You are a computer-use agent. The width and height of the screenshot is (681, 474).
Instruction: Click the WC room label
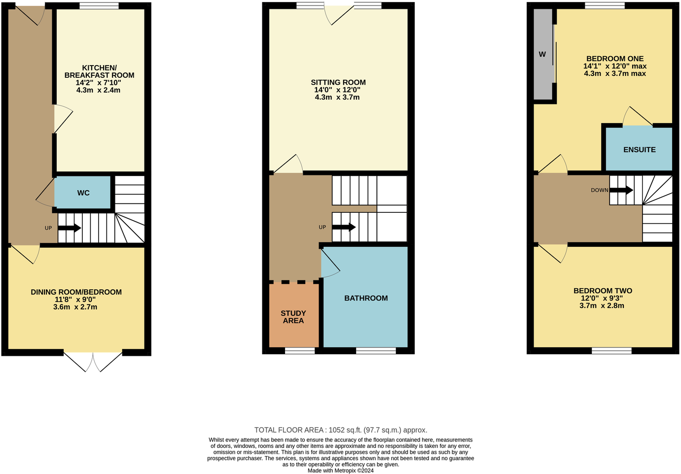pyautogui.click(x=83, y=193)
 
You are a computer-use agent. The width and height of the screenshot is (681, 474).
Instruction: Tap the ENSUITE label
pyautogui.click(x=639, y=150)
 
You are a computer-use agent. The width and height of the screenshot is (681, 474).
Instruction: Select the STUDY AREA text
pyautogui.click(x=293, y=317)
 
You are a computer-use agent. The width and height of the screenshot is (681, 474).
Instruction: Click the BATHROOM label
pyautogui.click(x=366, y=298)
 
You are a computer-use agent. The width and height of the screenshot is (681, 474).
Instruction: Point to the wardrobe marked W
pyautogui.click(x=542, y=54)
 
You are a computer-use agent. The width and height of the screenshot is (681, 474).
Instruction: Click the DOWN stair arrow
pyautogui.click(x=622, y=190)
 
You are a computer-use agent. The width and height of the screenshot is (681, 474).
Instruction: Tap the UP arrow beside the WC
pyautogui.click(x=70, y=228)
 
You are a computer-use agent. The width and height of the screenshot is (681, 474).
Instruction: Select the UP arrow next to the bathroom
pyautogui.click(x=344, y=227)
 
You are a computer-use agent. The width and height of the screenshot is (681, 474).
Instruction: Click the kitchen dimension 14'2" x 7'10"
pyautogui.click(x=98, y=83)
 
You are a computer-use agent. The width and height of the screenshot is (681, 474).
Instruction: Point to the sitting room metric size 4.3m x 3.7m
pyautogui.click(x=337, y=98)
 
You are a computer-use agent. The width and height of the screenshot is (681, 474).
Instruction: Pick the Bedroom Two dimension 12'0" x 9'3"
pyautogui.click(x=602, y=298)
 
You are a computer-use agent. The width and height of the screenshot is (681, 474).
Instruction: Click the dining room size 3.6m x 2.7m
pyautogui.click(x=75, y=307)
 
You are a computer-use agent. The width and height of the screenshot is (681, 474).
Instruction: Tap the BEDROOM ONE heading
pyautogui.click(x=615, y=59)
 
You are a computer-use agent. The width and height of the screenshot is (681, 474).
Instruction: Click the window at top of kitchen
pyautogui.click(x=99, y=6)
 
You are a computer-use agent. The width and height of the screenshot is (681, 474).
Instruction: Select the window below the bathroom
pyautogui.click(x=376, y=351)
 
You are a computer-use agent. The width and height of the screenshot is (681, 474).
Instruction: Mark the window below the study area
pyautogui.click(x=300, y=351)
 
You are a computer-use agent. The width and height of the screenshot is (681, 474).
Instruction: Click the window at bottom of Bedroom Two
pyautogui.click(x=611, y=351)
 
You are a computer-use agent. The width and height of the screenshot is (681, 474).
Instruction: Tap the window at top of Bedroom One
pyautogui.click(x=605, y=6)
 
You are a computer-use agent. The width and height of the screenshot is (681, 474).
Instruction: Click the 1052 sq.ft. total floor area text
pyautogui.click(x=340, y=430)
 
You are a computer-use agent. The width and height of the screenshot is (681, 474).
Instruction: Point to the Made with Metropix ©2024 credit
pyautogui.click(x=340, y=471)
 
